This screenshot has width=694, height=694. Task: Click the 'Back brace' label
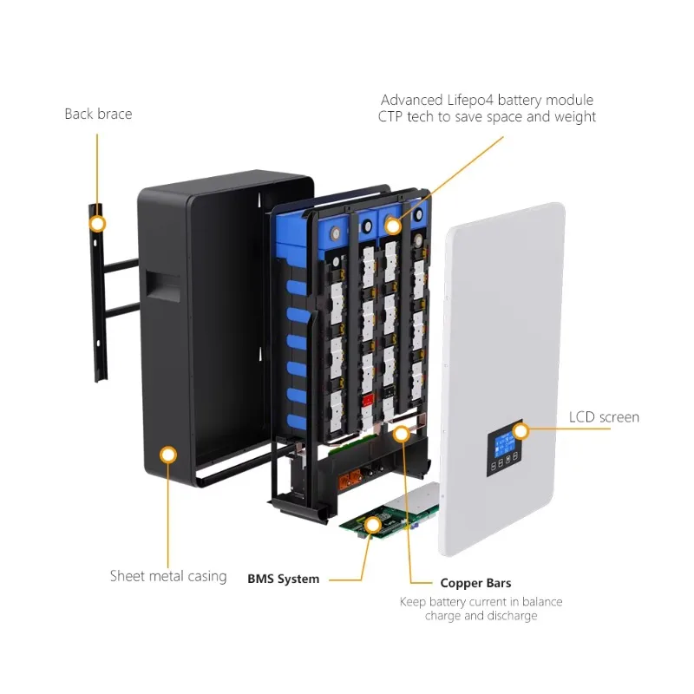(x=98, y=115)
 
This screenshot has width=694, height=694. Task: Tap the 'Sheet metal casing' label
(x=168, y=576)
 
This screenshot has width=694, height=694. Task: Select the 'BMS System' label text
(x=284, y=579)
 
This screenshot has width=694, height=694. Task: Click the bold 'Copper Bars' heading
(x=475, y=583)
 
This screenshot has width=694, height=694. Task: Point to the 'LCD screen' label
(x=604, y=417)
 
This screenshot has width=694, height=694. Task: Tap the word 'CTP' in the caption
(x=390, y=117)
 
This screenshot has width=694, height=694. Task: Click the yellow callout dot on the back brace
(x=97, y=224)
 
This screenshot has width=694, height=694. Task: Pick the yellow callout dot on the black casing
(x=168, y=455)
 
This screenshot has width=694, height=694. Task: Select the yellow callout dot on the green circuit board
(x=373, y=526)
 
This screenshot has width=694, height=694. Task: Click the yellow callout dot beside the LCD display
(x=521, y=430)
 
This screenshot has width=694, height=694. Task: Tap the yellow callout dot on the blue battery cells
(x=393, y=226)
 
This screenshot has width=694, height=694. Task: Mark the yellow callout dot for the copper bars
(x=402, y=434)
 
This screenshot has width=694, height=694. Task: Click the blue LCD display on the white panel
(x=503, y=445)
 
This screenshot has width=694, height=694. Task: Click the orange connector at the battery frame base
(x=350, y=481)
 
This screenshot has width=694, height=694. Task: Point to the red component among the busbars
(x=367, y=401)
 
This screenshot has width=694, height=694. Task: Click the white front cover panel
(x=502, y=378)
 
